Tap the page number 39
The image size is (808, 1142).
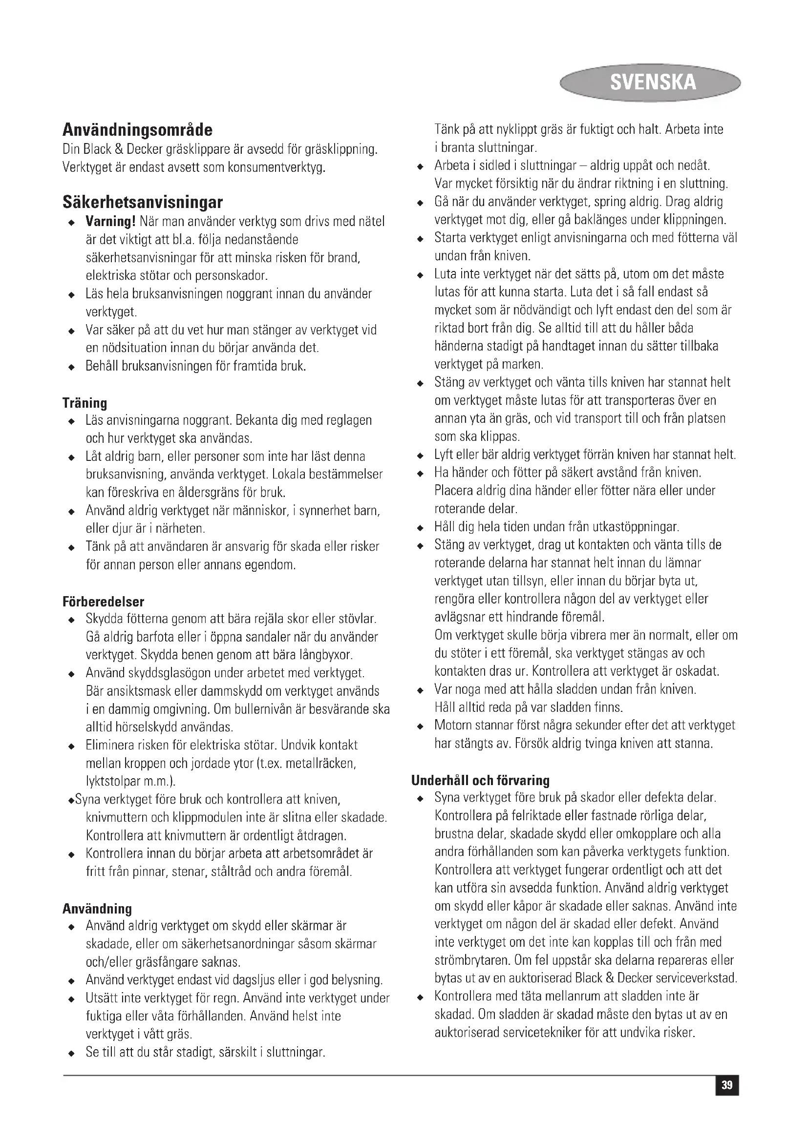(727, 1085)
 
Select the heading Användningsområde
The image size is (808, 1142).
(137, 130)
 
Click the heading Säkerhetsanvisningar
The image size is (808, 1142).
(142, 203)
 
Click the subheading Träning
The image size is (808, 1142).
(85, 402)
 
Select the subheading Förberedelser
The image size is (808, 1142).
(103, 602)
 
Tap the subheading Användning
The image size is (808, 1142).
(97, 909)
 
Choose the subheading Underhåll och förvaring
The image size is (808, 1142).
(480, 780)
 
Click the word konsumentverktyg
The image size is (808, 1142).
(276, 167)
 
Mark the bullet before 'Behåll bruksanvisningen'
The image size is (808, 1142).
(72, 368)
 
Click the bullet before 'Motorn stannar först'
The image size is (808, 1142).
(421, 727)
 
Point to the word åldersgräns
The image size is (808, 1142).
(208, 493)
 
